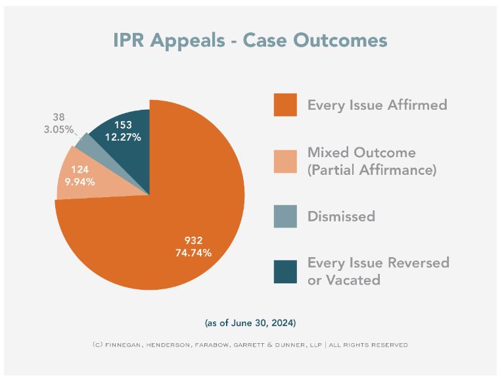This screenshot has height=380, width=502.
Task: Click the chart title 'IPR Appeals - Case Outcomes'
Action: coord(250,40)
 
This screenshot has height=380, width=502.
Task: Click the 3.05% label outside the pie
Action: coord(58,130)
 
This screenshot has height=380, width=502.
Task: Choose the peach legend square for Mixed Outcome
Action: coord(285,161)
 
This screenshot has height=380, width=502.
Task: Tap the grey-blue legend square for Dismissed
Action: coord(285,216)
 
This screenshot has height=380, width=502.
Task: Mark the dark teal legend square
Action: coord(285,272)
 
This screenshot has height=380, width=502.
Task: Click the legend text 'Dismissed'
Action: coord(341,216)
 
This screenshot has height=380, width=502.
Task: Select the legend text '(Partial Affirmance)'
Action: coord(373,170)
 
